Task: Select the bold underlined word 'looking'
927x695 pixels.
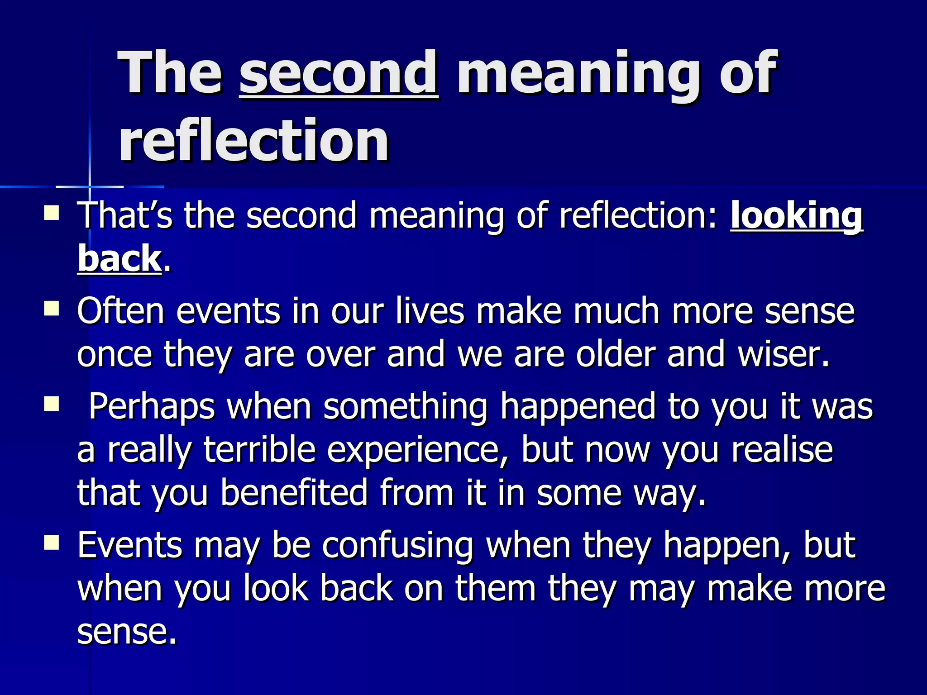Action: tap(797, 216)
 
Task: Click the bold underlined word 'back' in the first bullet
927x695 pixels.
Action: tap(119, 259)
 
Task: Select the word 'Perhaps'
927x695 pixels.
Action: tap(152, 407)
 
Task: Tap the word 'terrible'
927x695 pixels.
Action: tap(259, 450)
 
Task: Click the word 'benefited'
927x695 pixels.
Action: tap(294, 493)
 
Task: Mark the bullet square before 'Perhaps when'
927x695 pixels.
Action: tap(52, 404)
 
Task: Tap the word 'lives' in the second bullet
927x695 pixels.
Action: tap(430, 311)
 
